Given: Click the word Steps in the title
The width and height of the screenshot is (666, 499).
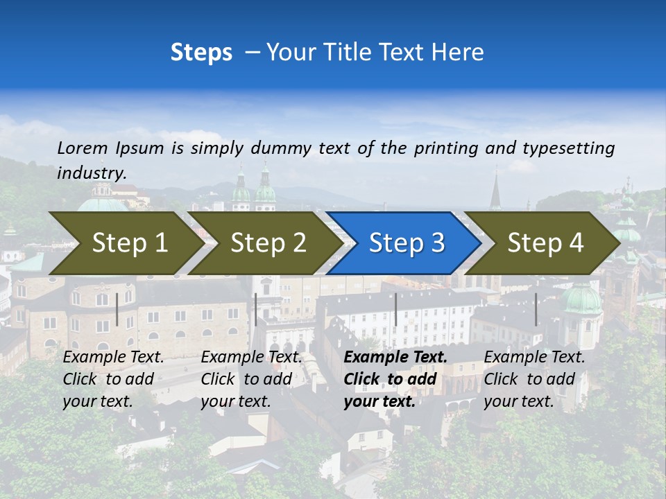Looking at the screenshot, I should pos(201,53).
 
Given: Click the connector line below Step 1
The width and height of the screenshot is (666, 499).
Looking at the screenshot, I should pos(117,309).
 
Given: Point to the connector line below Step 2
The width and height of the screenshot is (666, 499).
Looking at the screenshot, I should pos(256,309).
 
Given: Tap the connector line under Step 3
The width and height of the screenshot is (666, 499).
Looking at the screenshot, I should pos(395,309).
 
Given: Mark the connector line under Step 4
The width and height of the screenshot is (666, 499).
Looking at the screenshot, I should pos(536,309).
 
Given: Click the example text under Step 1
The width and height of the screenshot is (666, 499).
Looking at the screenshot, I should pos(113,379).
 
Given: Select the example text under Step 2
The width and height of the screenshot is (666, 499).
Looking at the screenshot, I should pos(251,379).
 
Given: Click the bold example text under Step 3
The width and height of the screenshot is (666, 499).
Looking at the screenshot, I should pos(395,379).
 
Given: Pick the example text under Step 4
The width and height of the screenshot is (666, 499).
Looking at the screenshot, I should pos(534,379).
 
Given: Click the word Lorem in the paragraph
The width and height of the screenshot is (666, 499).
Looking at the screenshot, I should pos(83,148).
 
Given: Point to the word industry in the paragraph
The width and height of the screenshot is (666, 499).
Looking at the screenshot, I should pos(91,173).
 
